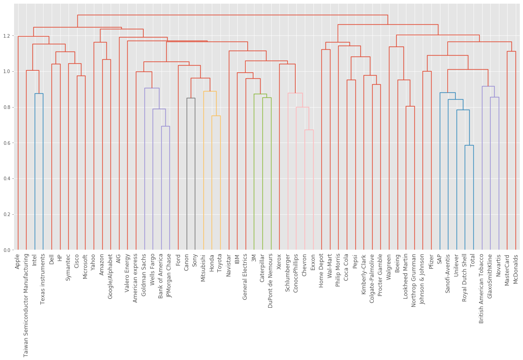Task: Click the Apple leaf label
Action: tap(18, 261)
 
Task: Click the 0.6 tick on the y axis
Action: tap(8, 143)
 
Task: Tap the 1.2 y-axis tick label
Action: tap(8, 36)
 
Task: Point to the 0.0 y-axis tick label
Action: tap(8, 250)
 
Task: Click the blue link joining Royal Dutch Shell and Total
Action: tap(469, 146)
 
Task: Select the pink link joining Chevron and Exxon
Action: tap(309, 130)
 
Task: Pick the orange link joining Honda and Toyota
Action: tap(216, 116)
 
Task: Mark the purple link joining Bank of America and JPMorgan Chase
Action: tap(166, 127)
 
